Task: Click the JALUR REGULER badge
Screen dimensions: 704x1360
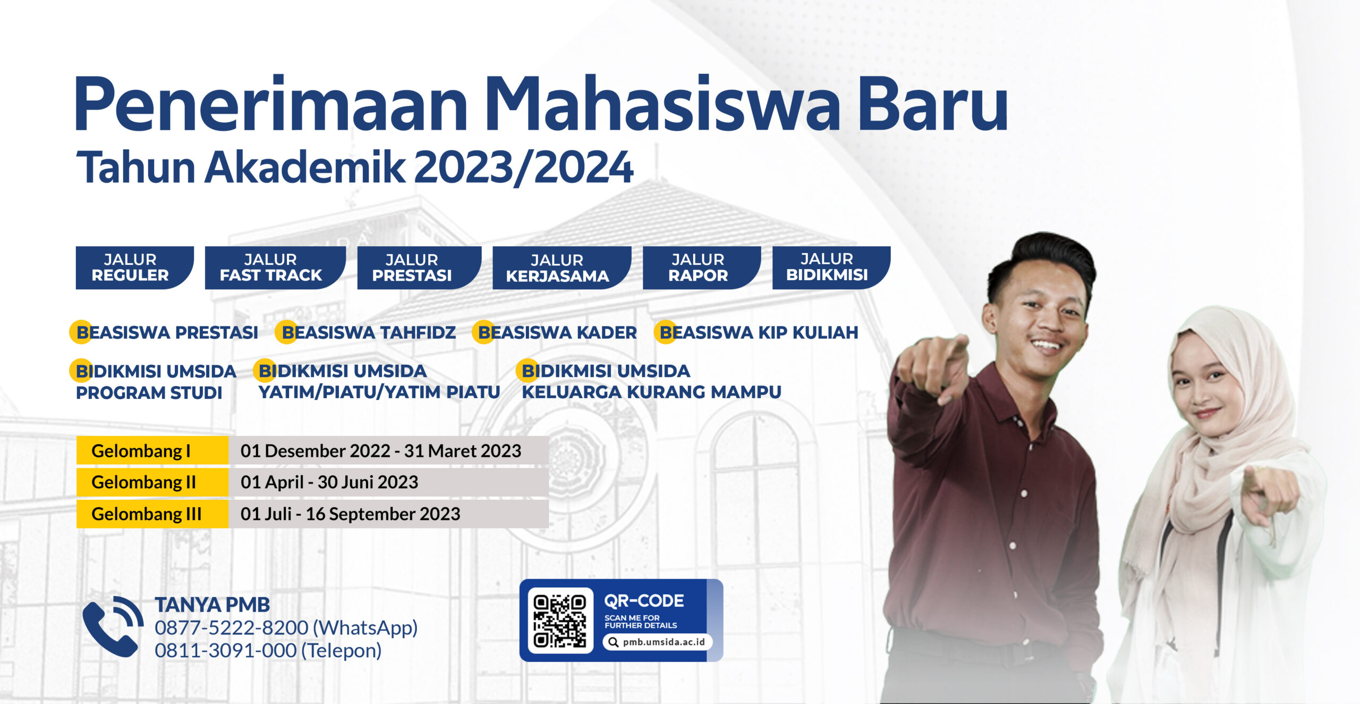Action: click(133, 267)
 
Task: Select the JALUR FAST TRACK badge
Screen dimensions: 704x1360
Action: click(273, 267)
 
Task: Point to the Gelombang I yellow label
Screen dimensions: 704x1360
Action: click(152, 451)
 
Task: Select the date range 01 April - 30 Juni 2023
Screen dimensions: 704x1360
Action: click(329, 482)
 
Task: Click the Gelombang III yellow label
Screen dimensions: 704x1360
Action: click(152, 514)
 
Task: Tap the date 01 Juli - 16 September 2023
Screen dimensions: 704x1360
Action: click(350, 514)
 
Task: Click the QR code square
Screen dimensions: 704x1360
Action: click(560, 621)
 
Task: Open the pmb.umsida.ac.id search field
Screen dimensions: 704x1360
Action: click(658, 642)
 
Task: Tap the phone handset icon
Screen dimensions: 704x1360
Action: click(112, 627)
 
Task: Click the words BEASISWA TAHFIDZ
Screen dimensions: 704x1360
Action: click(369, 333)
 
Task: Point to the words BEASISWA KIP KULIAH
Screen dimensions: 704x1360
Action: click(759, 333)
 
